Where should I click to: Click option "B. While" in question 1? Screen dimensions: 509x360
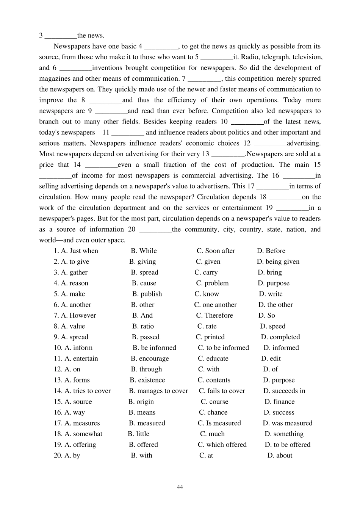[144, 251]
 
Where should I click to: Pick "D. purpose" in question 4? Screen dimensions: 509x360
[273, 283]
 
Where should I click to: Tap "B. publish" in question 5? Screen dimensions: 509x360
[147, 294]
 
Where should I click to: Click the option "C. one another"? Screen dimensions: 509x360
[215, 305]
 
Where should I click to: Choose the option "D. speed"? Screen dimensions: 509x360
[272, 326]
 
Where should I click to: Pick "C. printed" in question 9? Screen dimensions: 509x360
[210, 337]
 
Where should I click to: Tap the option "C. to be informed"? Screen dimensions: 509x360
[223, 348]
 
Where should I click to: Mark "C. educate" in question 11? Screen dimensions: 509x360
[213, 359]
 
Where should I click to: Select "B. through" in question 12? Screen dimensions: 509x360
[146, 369]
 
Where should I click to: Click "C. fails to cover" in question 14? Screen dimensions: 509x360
[222, 391]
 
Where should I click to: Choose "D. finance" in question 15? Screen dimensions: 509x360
[279, 402]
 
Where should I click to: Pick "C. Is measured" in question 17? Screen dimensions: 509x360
[219, 423]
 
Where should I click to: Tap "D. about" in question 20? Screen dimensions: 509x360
[280, 456]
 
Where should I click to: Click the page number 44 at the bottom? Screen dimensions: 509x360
[180, 487]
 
